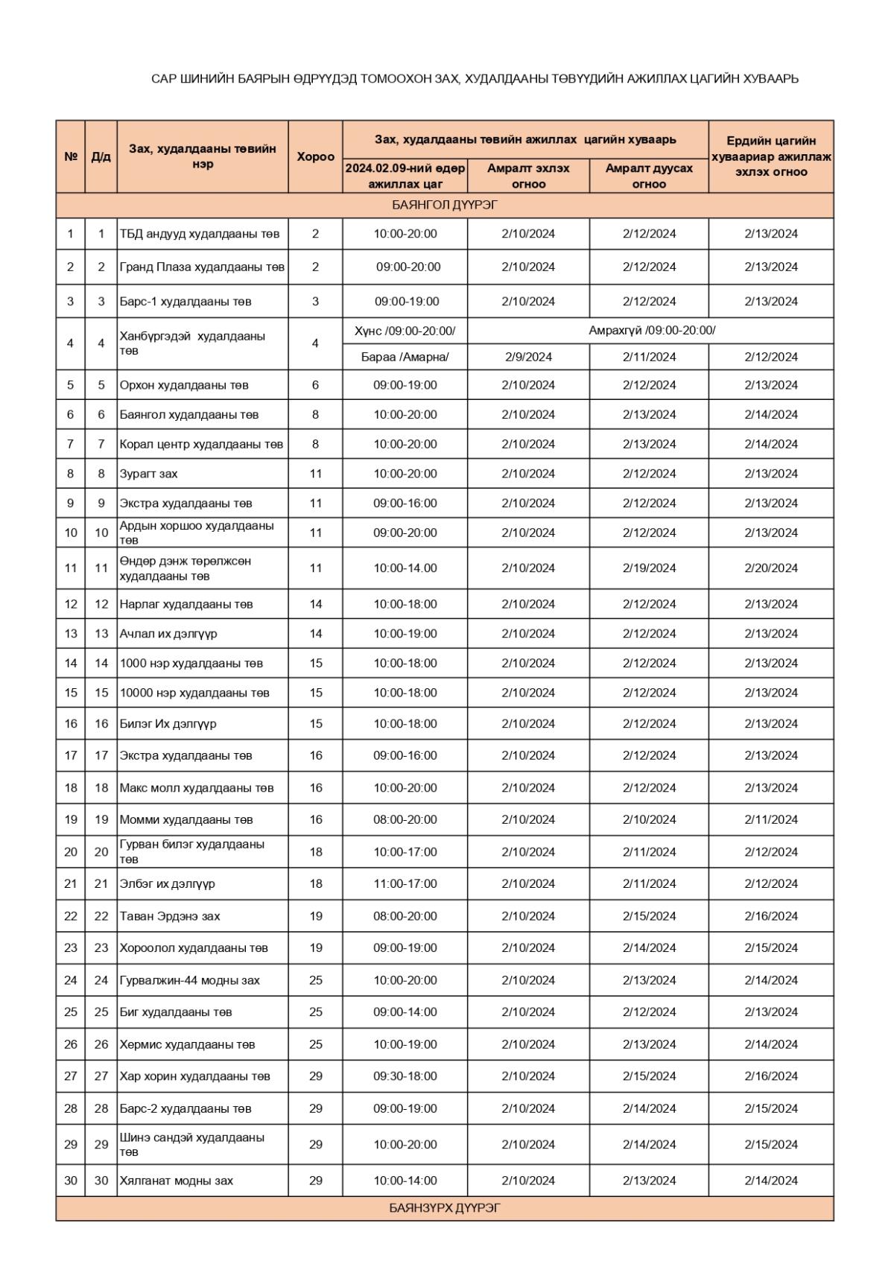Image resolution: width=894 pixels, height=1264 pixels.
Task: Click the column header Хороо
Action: pos(315,156)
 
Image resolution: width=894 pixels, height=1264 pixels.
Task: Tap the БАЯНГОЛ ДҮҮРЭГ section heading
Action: pos(445,205)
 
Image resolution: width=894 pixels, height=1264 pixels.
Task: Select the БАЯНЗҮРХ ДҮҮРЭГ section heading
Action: pos(445,1208)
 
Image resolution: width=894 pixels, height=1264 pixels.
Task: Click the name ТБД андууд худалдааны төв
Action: pos(200,234)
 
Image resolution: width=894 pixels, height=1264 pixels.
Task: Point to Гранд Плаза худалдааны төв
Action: pos(202,267)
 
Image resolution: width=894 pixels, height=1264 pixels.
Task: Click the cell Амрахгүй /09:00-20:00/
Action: pos(652,331)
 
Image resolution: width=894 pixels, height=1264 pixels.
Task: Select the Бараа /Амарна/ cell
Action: pos(405,357)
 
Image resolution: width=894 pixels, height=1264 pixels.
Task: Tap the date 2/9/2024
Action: pos(528,357)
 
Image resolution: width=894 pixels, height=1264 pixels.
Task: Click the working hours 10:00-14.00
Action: pos(405,568)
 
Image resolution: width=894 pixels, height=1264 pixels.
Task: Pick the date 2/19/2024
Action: pos(649,568)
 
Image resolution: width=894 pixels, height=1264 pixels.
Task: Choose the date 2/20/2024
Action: pos(770,568)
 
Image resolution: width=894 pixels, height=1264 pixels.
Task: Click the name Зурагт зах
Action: pos(149,474)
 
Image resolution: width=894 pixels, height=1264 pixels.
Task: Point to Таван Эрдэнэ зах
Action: pos(170,916)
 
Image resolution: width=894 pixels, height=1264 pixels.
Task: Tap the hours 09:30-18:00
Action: pos(405,1076)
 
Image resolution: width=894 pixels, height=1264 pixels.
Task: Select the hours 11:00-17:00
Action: pos(405,884)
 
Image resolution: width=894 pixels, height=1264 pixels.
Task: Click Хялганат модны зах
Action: pos(177,1181)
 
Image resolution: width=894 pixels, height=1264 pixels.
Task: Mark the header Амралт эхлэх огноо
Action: pos(528,176)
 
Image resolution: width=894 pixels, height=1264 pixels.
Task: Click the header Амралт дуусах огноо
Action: pos(649,176)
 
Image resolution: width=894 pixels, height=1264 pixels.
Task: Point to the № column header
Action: pos(71,156)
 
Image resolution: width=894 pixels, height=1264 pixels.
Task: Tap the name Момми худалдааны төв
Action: pos(186,820)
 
